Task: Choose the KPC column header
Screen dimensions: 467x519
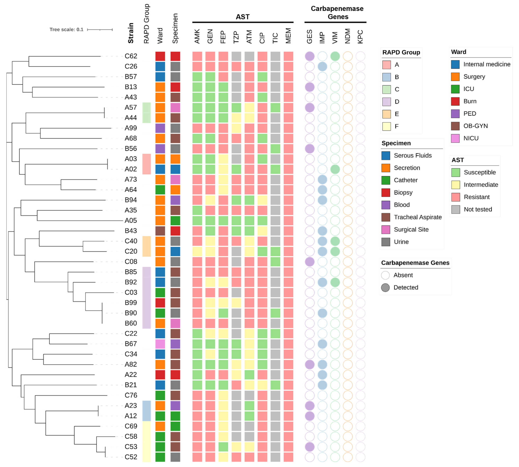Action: point(360,37)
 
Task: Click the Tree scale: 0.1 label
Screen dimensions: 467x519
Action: point(66,29)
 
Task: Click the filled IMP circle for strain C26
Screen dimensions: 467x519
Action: point(322,66)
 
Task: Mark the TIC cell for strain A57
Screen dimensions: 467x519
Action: point(275,108)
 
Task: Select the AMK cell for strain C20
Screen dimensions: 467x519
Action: point(197,251)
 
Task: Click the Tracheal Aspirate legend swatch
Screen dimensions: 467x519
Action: point(386,217)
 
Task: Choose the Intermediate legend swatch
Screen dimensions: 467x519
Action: point(456,185)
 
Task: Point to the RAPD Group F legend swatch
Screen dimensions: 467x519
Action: point(386,126)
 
